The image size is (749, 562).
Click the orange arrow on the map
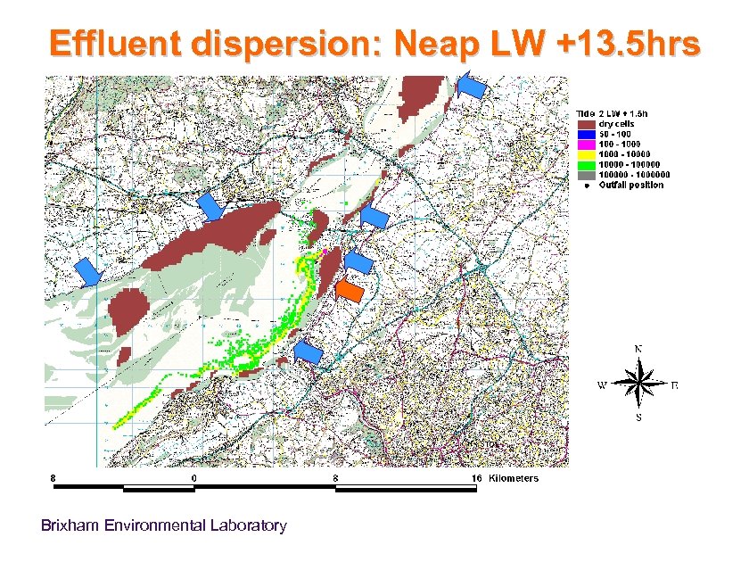[x=350, y=292]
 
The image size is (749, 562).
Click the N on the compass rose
[x=639, y=349]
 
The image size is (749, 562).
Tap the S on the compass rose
[x=638, y=417]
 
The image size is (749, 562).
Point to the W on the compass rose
[x=602, y=386]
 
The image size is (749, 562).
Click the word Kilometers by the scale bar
[x=514, y=479]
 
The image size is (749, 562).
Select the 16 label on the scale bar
[x=477, y=479]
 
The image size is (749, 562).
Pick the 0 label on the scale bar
[x=194, y=479]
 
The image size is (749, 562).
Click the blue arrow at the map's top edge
[x=472, y=86]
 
